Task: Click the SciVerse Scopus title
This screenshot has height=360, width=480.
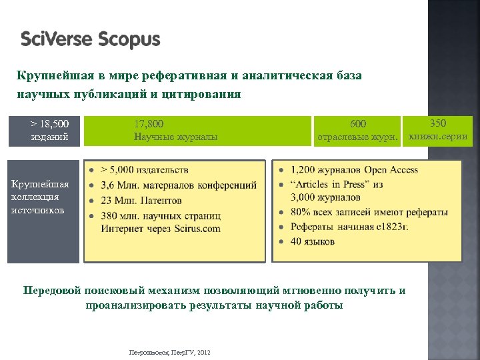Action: coord(91,40)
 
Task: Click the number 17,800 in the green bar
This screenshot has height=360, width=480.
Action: coord(149,124)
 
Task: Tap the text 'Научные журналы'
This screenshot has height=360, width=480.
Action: coord(175,137)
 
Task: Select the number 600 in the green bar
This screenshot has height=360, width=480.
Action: coord(358,124)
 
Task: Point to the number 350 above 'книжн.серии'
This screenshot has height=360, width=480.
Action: coord(438,123)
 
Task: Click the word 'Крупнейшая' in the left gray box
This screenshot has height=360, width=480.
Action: coord(39,184)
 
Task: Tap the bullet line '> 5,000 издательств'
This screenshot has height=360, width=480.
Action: coord(144,170)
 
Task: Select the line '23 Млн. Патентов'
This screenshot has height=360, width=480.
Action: coord(141,199)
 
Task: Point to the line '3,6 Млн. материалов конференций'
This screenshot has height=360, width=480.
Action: coord(178,185)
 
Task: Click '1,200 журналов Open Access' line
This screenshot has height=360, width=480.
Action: coord(354,170)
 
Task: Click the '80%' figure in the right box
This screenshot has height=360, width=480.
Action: coord(302,213)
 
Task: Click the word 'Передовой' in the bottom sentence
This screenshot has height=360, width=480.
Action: coord(51,291)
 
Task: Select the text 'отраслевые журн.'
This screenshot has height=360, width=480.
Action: coord(357,138)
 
